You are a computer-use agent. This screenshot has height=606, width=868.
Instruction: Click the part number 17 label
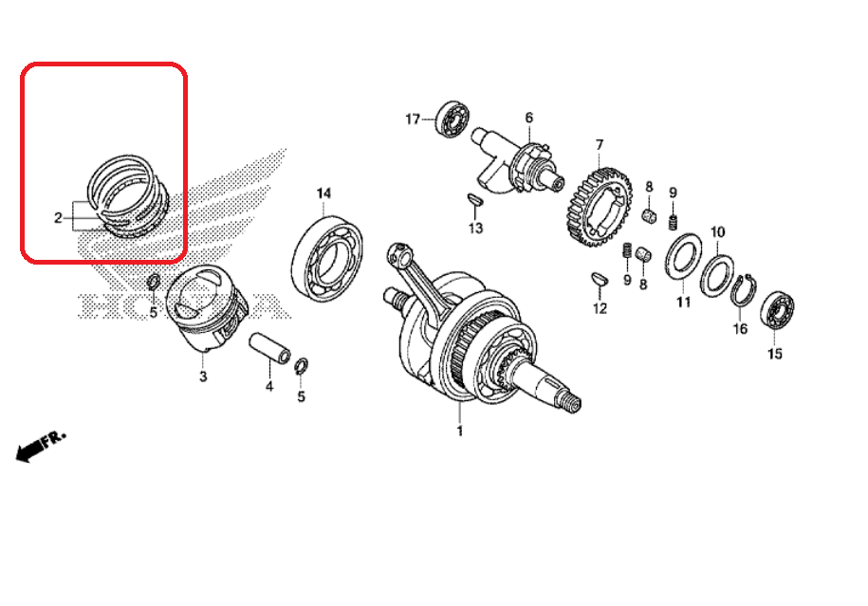pyautogui.click(x=413, y=119)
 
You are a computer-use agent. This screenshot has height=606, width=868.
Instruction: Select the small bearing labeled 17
pyautogui.click(x=453, y=119)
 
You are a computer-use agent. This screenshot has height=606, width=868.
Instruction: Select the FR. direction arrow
pyautogui.click(x=40, y=446)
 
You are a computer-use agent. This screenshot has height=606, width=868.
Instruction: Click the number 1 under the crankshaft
pyautogui.click(x=459, y=431)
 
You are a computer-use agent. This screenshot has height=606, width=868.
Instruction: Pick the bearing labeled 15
pyautogui.click(x=777, y=312)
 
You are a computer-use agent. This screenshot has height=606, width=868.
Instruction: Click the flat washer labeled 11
pyautogui.click(x=683, y=256)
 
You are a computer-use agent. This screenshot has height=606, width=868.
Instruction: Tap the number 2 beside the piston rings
pyautogui.click(x=58, y=218)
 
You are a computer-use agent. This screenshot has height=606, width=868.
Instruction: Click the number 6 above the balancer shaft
pyautogui.click(x=529, y=118)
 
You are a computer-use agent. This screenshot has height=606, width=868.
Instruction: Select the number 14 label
pyautogui.click(x=323, y=193)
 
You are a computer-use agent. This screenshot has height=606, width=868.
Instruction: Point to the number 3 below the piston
pyautogui.click(x=203, y=376)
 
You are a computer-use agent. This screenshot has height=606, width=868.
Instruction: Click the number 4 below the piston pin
pyautogui.click(x=269, y=386)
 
